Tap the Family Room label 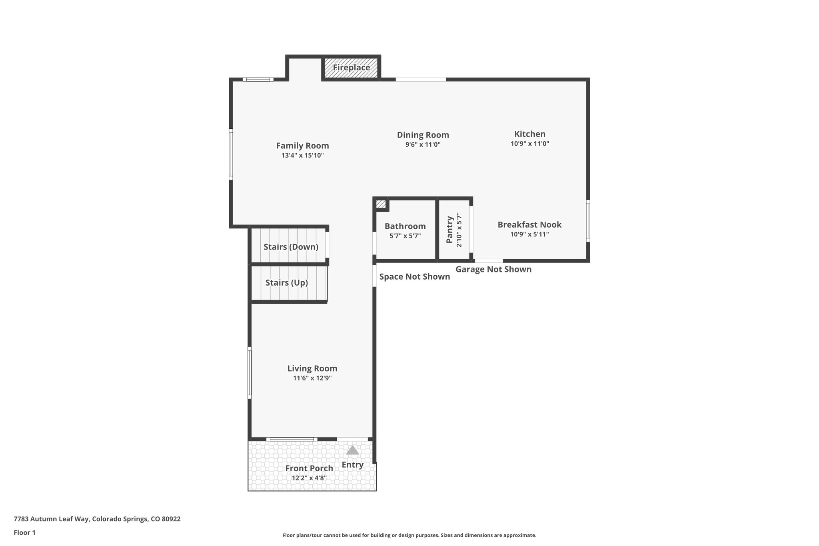click(x=302, y=146)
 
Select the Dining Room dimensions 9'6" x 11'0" click(x=423, y=145)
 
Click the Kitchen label click(x=529, y=134)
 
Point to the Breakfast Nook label click(x=529, y=225)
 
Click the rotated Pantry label click(x=449, y=230)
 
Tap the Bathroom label click(x=405, y=226)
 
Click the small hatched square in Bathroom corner click(x=381, y=204)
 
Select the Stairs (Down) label click(x=291, y=247)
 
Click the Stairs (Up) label click(x=286, y=283)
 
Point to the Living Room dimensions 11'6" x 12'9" click(x=312, y=378)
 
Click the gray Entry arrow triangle click(x=352, y=450)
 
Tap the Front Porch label click(x=309, y=468)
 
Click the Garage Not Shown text click(x=493, y=269)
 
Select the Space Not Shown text click(x=415, y=277)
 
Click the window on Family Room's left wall click(x=231, y=154)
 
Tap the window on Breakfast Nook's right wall click(x=588, y=221)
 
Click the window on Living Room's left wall click(x=250, y=372)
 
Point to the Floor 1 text click(x=24, y=532)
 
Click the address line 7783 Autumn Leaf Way click(x=97, y=519)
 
